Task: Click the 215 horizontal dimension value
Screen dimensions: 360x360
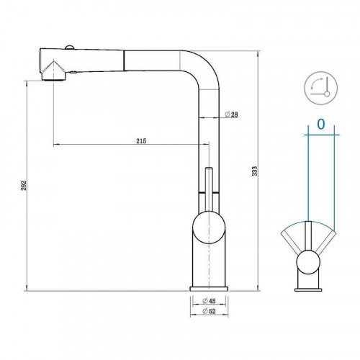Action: (140, 140)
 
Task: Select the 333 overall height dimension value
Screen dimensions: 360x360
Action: (254, 171)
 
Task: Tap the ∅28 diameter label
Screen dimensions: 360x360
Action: (231, 115)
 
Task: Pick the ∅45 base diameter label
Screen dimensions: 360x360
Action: (210, 300)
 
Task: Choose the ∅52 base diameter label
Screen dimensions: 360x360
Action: (210, 311)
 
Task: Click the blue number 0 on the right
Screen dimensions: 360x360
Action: (320, 125)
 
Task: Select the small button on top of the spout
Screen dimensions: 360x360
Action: (68, 48)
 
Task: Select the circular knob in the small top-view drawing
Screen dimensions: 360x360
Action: (307, 261)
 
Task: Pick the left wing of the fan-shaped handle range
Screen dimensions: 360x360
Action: (291, 237)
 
